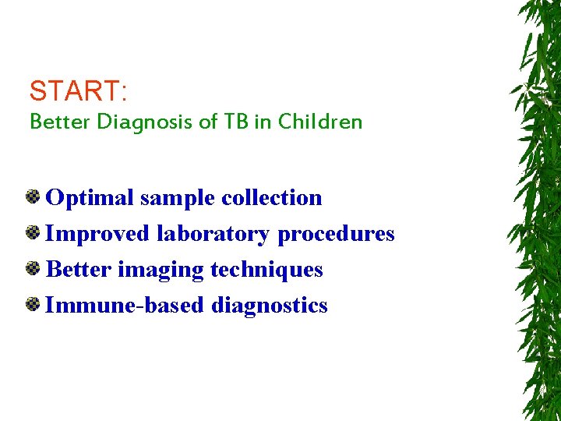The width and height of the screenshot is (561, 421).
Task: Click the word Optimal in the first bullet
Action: click(x=90, y=198)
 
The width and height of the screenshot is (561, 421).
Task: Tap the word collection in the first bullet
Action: click(x=272, y=198)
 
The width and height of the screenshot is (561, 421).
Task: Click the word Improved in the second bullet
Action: click(x=99, y=235)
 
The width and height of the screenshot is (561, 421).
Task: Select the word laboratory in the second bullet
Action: click(x=213, y=235)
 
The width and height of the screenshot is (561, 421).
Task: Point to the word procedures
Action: click(x=336, y=235)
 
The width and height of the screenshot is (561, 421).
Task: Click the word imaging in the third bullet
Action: click(x=159, y=271)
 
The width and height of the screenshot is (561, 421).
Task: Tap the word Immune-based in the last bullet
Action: click(x=125, y=306)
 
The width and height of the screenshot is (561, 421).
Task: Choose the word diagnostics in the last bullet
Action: click(x=270, y=306)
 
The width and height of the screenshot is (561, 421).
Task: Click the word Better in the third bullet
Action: click(x=79, y=270)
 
